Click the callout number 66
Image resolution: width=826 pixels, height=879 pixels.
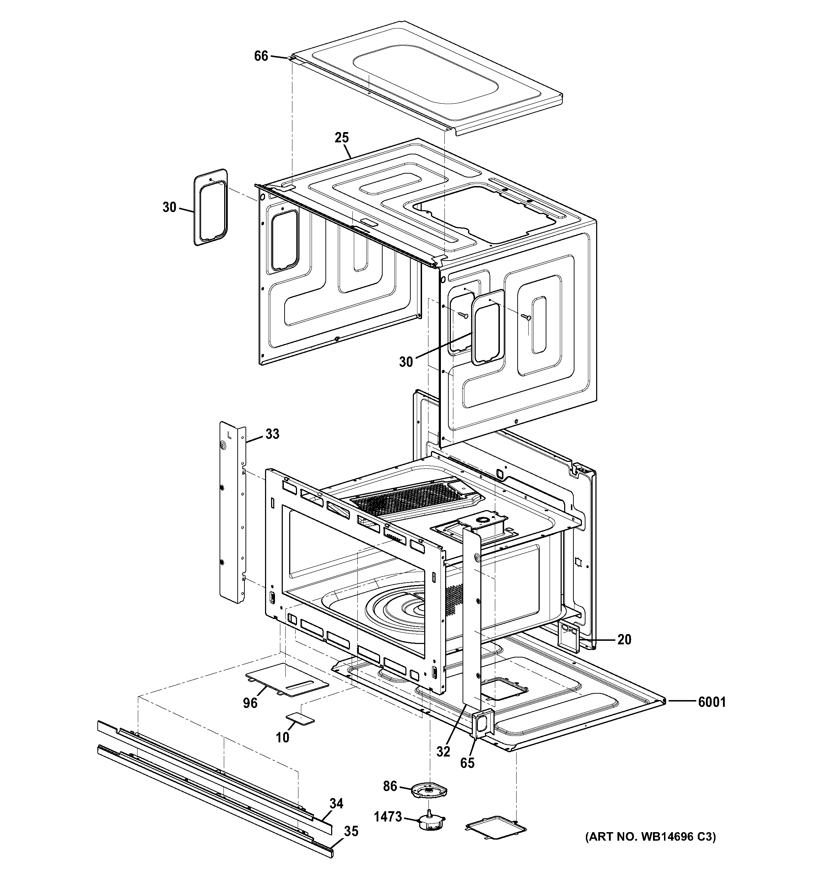tap(261, 56)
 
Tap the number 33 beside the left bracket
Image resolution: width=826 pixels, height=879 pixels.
tap(272, 434)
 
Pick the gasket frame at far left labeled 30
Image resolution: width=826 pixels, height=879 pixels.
tap(211, 207)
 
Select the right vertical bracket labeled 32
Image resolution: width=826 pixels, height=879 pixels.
tap(472, 619)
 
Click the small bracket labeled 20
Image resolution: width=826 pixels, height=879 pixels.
tap(569, 638)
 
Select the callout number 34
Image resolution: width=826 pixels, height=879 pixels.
tap(336, 803)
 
